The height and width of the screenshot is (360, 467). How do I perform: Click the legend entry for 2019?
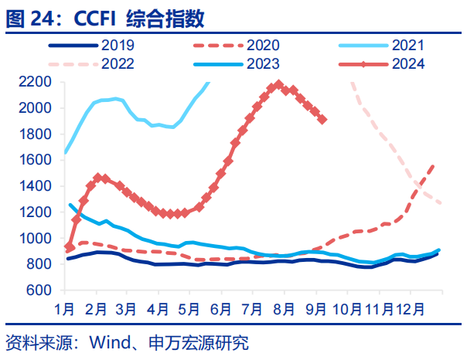click(120, 46)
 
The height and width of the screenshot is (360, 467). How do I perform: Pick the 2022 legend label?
click(120, 63)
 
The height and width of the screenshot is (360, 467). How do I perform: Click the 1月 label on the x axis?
click(66, 309)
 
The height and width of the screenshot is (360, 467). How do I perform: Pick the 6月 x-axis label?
click(222, 309)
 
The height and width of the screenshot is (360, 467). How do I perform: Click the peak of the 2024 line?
click(278, 85)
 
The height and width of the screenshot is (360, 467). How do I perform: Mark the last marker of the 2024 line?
click(322, 120)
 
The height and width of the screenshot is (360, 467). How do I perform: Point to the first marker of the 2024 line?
click(69, 247)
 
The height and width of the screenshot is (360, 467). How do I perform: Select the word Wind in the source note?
click(108, 342)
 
